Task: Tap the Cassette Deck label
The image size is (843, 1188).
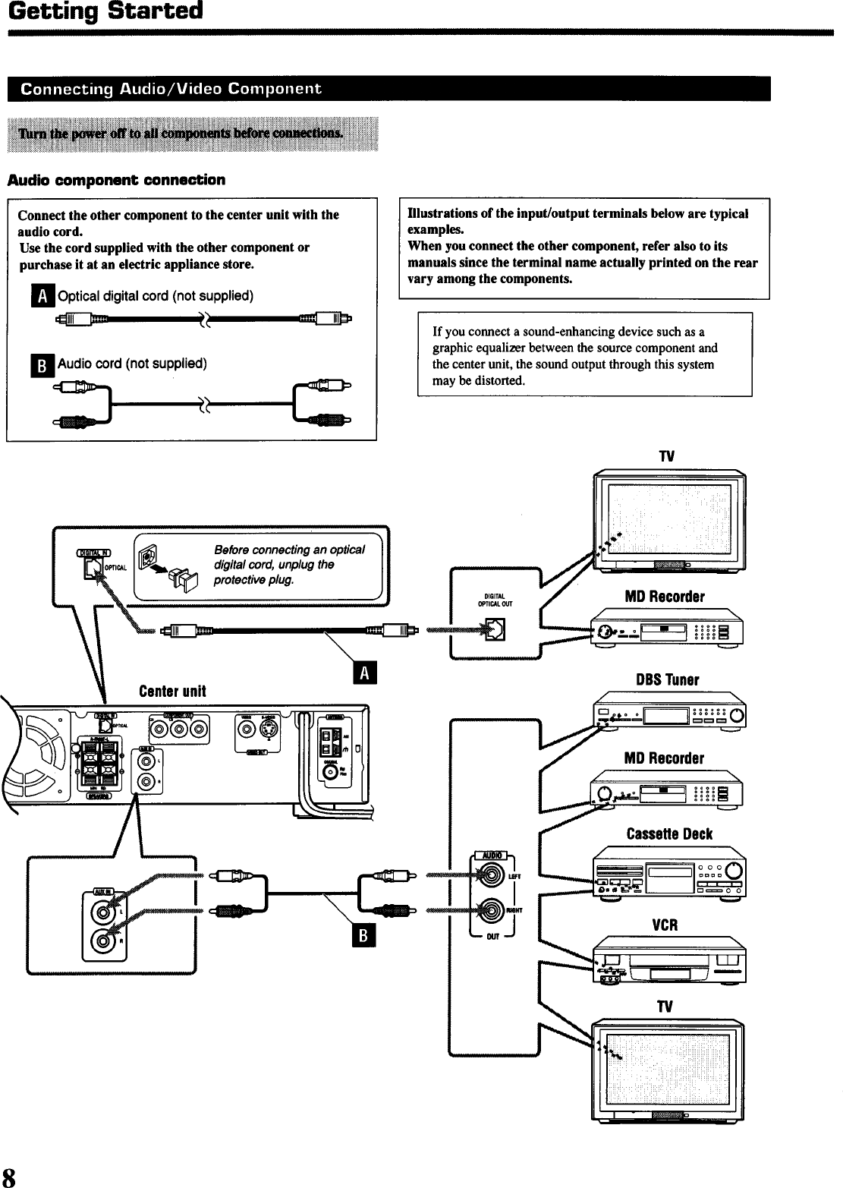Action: click(x=669, y=834)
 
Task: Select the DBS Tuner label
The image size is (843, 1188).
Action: click(x=667, y=679)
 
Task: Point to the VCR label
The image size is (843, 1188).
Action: click(x=665, y=925)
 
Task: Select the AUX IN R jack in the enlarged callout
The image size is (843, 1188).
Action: click(x=104, y=943)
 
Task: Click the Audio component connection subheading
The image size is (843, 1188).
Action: click(x=116, y=180)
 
